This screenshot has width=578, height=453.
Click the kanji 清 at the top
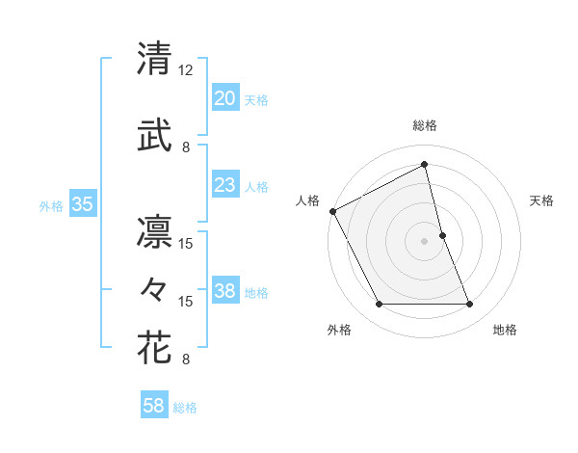[x=154, y=59]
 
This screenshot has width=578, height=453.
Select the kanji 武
[x=154, y=136]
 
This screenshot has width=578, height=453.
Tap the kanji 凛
[x=154, y=232]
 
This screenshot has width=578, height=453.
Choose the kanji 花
[x=154, y=347]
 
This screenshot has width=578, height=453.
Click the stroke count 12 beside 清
[x=186, y=70]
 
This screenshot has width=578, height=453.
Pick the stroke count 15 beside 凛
[x=186, y=244]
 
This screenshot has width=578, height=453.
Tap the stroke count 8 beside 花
[x=186, y=360]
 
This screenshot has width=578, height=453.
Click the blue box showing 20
[x=224, y=98]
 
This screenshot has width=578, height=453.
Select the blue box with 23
[x=224, y=185]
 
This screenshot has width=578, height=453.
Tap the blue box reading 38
[x=224, y=291]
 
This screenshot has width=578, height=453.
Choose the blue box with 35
[x=82, y=204]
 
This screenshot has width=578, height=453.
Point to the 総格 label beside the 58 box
[x=185, y=408]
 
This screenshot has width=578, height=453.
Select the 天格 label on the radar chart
[x=542, y=200]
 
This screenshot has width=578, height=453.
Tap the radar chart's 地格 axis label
[x=505, y=330]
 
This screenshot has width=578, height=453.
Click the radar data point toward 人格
[x=332, y=210]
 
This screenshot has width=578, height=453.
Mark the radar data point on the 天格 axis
[x=442, y=234]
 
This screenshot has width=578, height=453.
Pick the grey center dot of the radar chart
[x=424, y=240]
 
